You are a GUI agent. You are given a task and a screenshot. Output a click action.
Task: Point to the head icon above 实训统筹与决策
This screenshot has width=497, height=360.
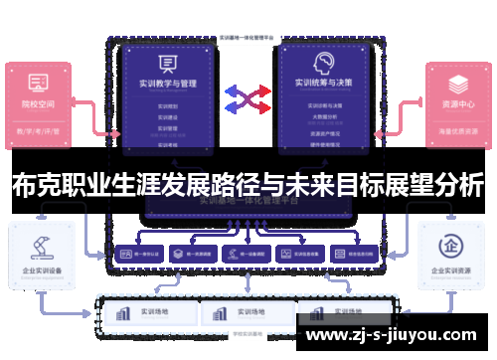click(321, 62)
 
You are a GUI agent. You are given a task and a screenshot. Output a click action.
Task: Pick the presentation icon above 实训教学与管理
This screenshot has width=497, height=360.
click(166, 62)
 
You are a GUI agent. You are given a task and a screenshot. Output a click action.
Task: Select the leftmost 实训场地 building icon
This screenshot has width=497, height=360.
click(123, 313)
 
